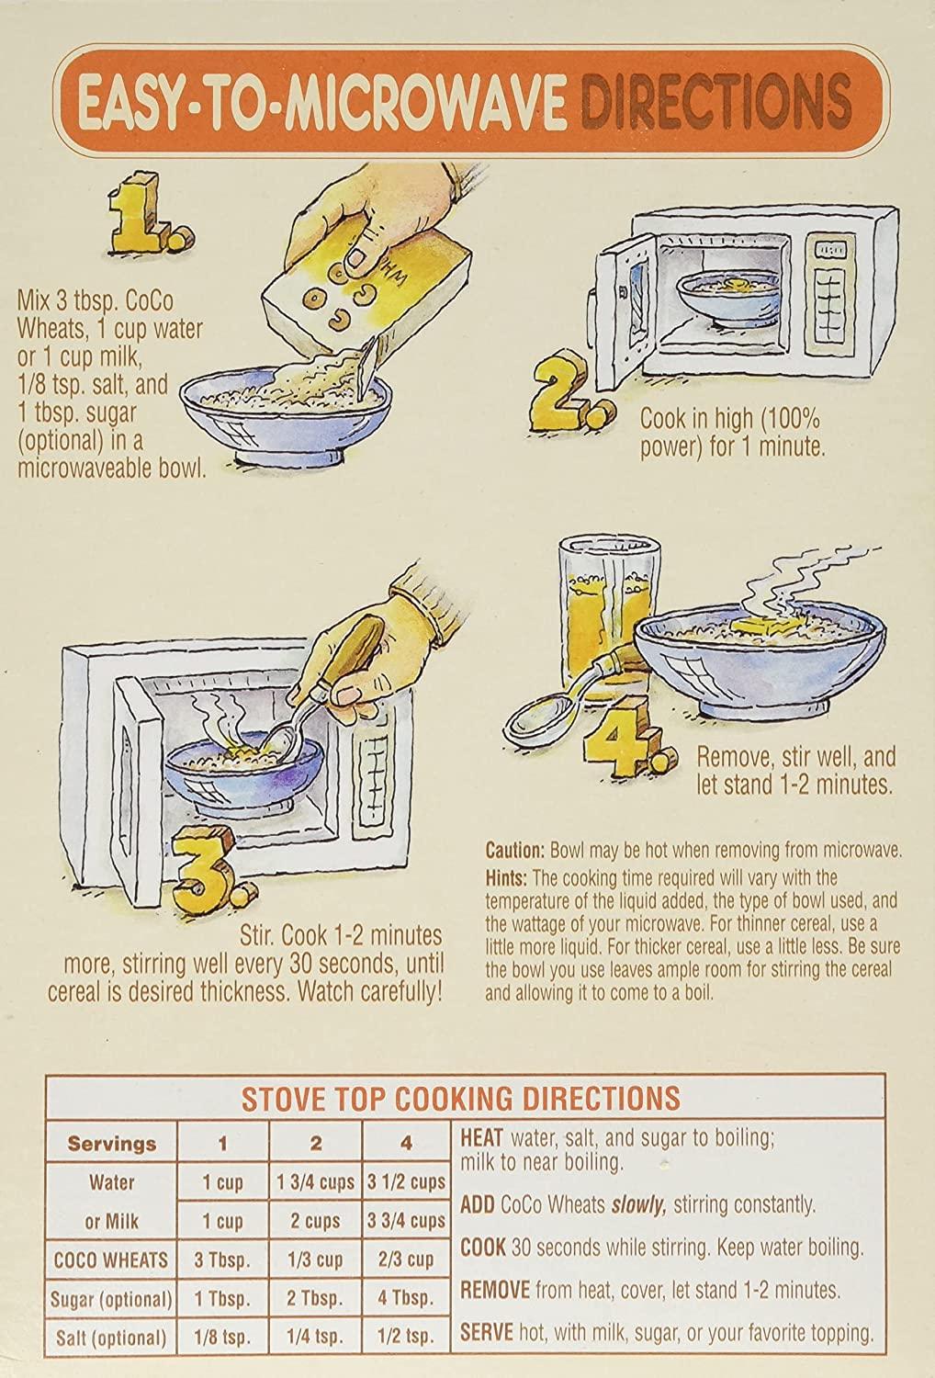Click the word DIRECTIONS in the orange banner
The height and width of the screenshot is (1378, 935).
pos(716,101)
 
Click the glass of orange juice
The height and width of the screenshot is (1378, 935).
pos(606,618)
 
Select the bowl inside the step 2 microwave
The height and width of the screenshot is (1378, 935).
pos(729,299)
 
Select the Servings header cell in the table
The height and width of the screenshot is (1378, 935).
pos(112,1144)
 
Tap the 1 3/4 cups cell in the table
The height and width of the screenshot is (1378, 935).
pos(316,1182)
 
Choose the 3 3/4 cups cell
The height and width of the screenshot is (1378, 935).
pos(407,1221)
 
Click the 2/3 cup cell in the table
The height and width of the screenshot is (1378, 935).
pos(407,1259)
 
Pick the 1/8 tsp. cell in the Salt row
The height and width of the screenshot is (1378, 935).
pos(222,1337)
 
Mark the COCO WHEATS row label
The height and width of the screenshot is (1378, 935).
pos(111,1259)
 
